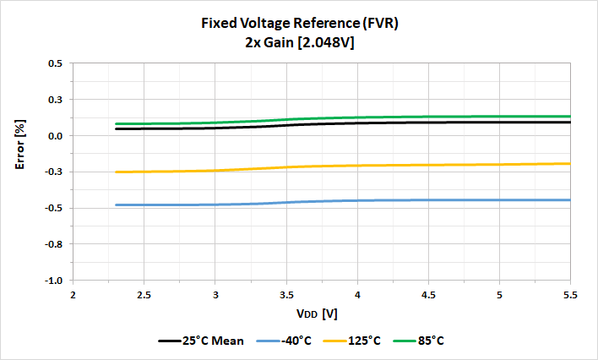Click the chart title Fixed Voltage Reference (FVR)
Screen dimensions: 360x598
(298, 24)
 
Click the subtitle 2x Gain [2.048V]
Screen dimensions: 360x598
(298, 42)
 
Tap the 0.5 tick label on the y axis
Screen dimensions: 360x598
(55, 63)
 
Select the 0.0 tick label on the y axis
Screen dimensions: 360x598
(55, 136)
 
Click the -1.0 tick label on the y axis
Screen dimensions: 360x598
(53, 281)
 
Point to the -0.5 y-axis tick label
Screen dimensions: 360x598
(53, 208)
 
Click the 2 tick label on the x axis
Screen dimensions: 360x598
(73, 296)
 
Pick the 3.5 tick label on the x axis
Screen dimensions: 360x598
(286, 296)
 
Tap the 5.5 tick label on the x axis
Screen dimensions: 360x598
(571, 296)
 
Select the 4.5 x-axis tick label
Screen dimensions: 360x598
(428, 296)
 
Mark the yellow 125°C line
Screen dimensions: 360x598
(422, 165)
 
